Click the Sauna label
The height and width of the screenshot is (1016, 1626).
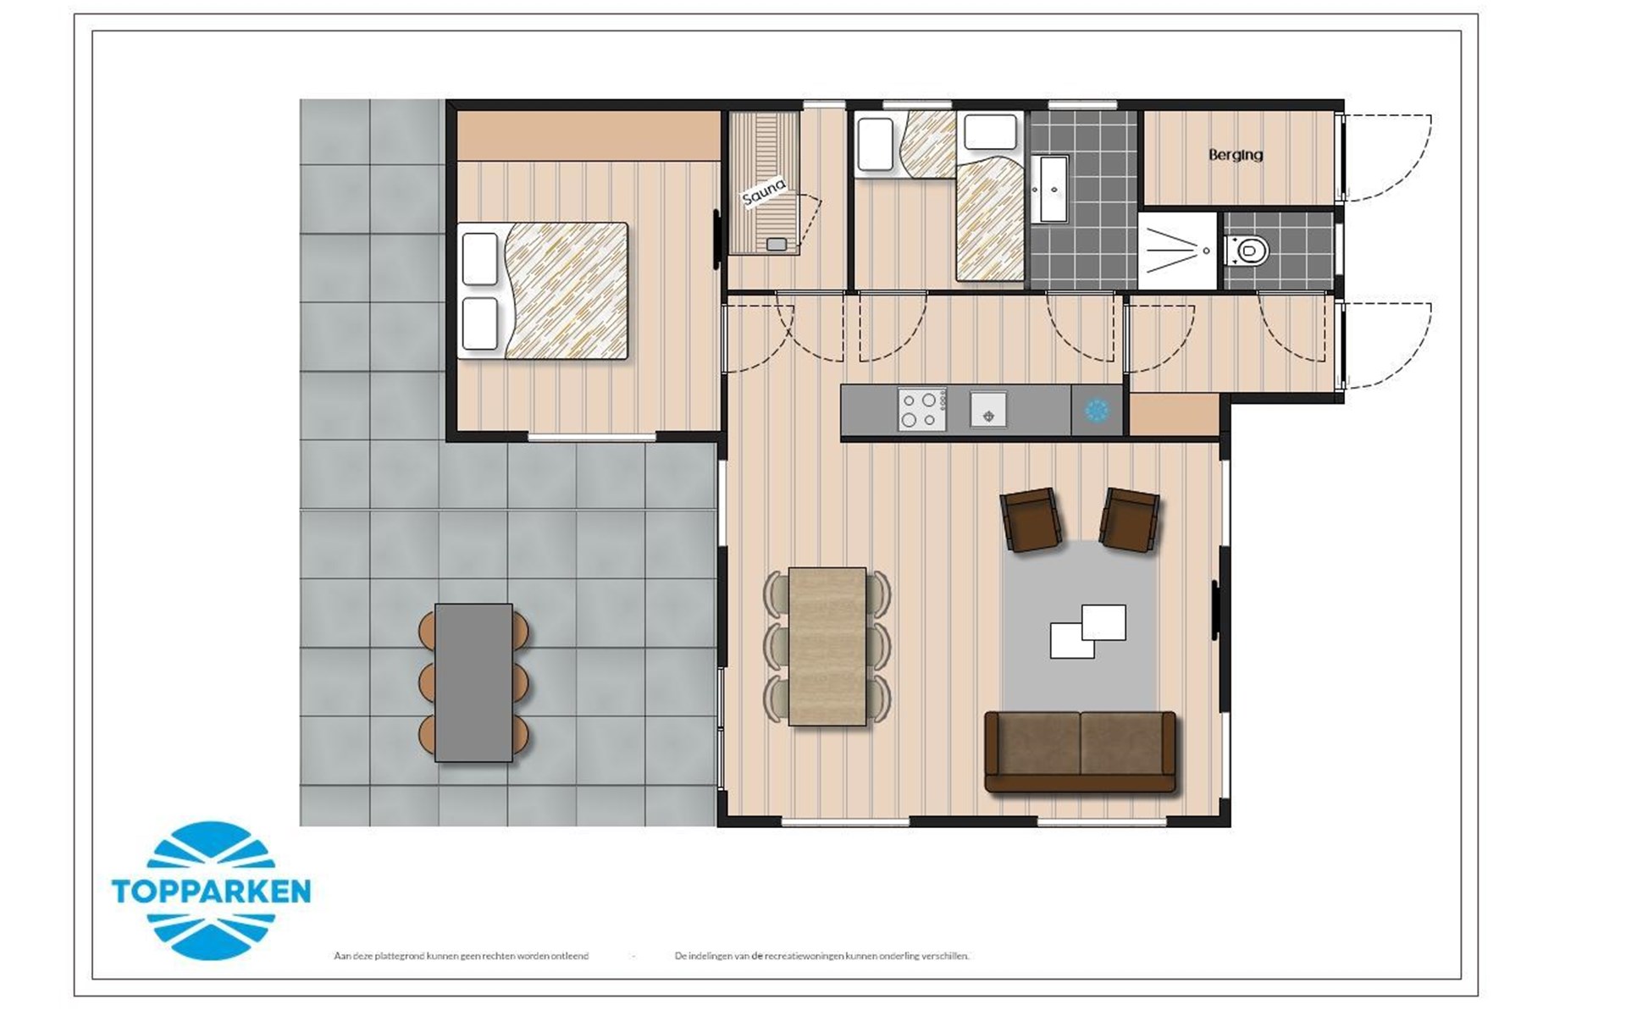pyautogui.click(x=764, y=191)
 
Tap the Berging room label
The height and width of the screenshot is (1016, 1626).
pyautogui.click(x=1236, y=155)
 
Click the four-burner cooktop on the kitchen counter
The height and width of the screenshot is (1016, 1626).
pyautogui.click(x=921, y=409)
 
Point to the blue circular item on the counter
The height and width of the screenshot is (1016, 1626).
pyautogui.click(x=1097, y=410)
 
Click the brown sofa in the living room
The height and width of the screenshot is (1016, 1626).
pyautogui.click(x=1081, y=752)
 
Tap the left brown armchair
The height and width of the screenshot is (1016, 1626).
pyautogui.click(x=1031, y=519)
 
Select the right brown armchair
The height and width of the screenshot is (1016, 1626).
pyautogui.click(x=1130, y=519)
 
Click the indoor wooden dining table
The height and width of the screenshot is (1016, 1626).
pyautogui.click(x=827, y=646)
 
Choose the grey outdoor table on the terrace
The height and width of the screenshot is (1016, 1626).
pyautogui.click(x=473, y=682)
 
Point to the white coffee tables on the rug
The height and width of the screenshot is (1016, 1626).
pyautogui.click(x=1088, y=631)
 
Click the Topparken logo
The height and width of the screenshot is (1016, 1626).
pyautogui.click(x=211, y=890)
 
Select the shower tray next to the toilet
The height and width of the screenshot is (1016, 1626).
pyautogui.click(x=1176, y=251)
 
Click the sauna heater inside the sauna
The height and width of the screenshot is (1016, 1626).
pyautogui.click(x=776, y=245)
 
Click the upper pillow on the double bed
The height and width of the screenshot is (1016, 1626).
pyautogui.click(x=480, y=259)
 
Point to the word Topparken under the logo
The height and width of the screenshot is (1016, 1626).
pyautogui.click(x=211, y=892)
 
